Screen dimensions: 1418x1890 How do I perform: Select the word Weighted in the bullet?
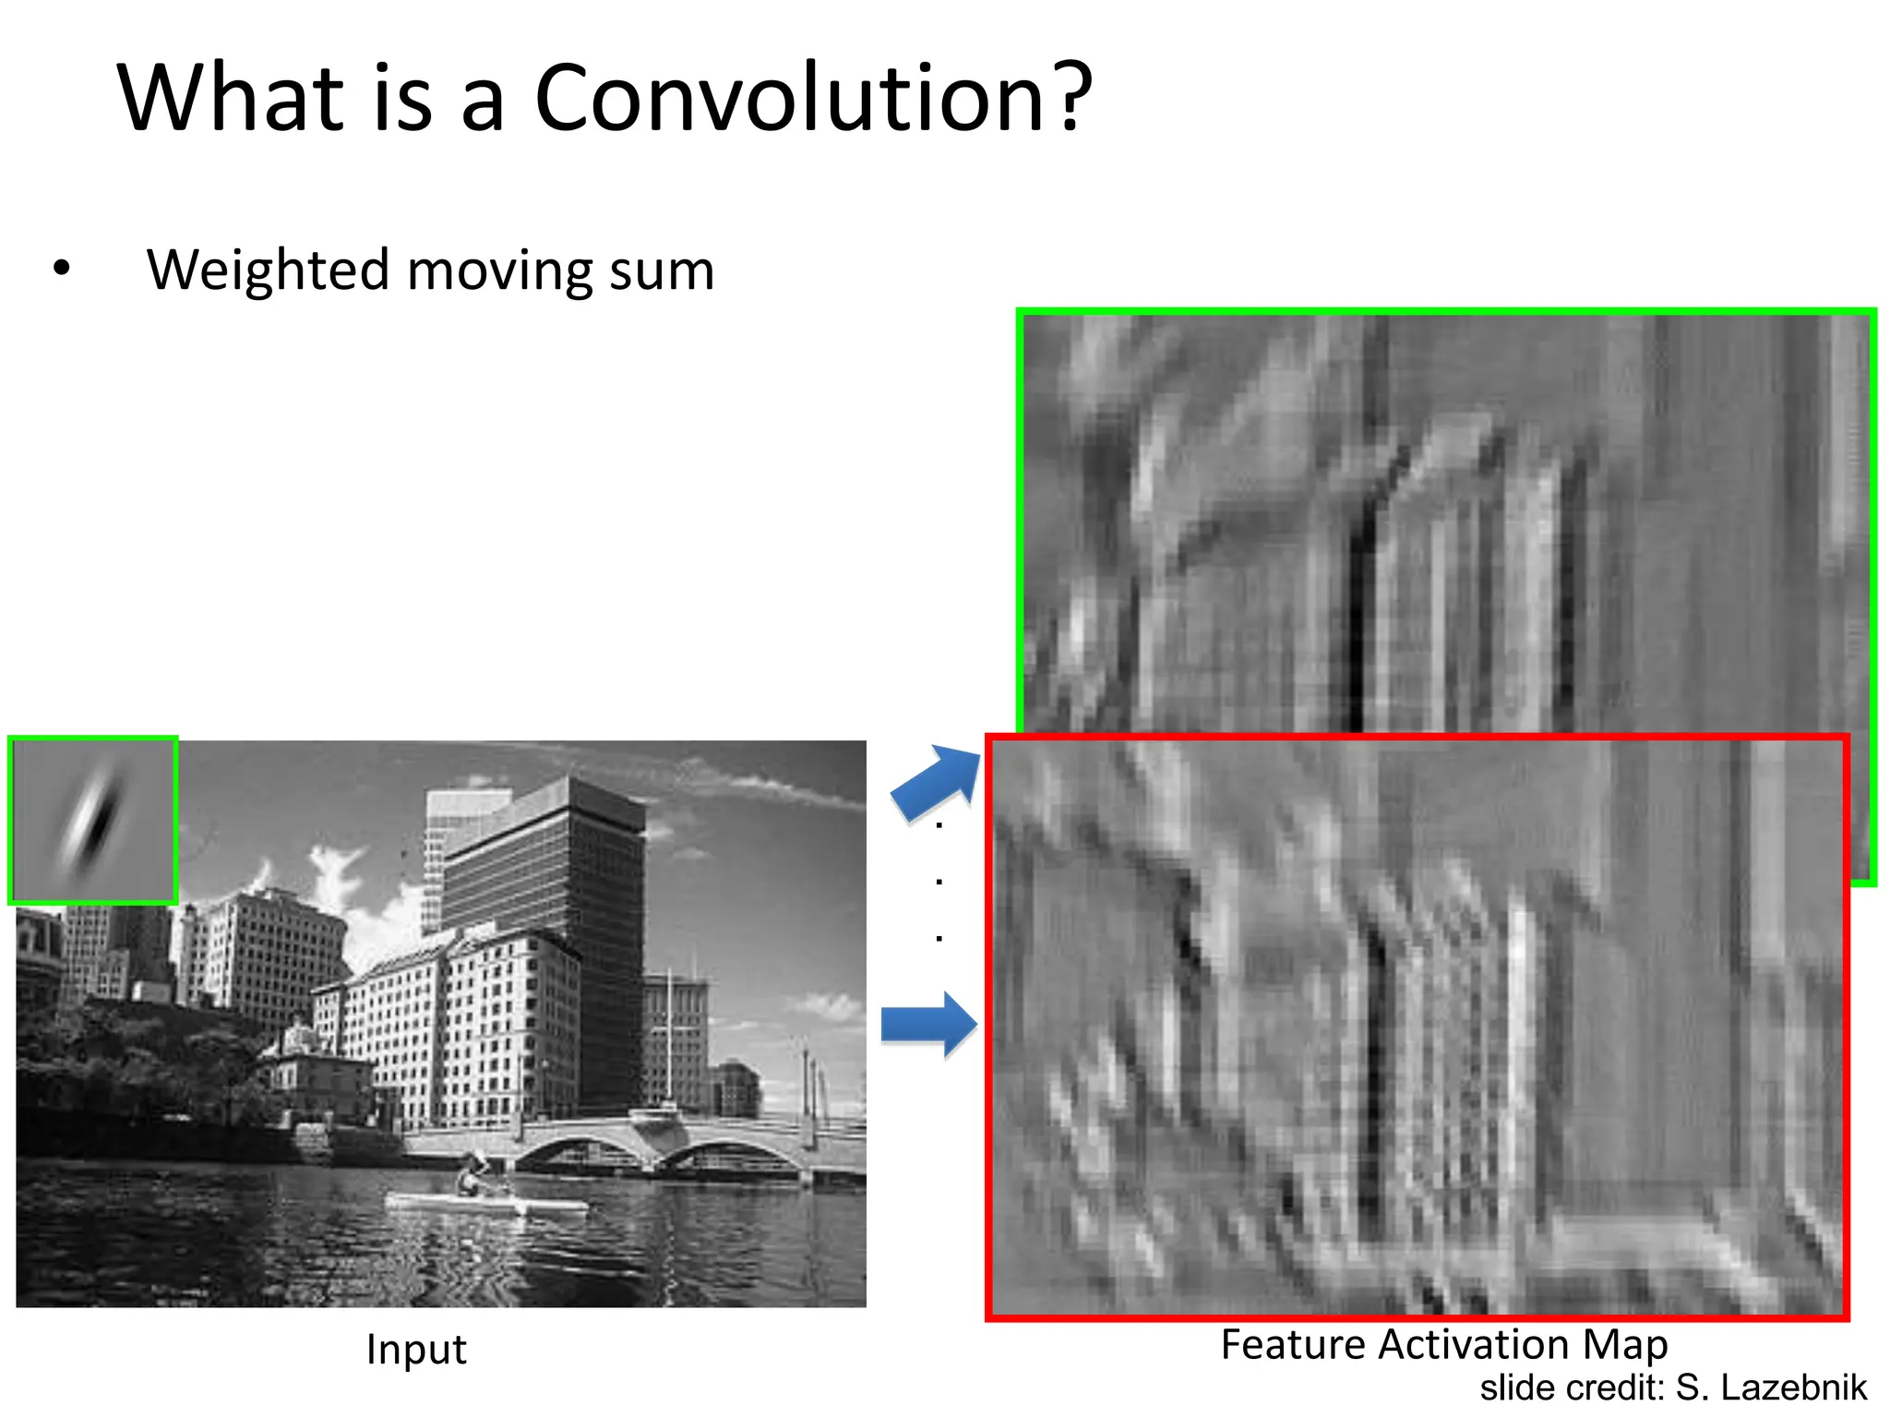268,270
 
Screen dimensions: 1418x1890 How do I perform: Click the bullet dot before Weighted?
62,269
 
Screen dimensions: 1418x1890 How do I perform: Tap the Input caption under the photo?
416,1350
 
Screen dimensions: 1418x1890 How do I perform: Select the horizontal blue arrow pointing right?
928,1024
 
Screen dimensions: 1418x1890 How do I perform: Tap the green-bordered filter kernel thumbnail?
93,821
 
